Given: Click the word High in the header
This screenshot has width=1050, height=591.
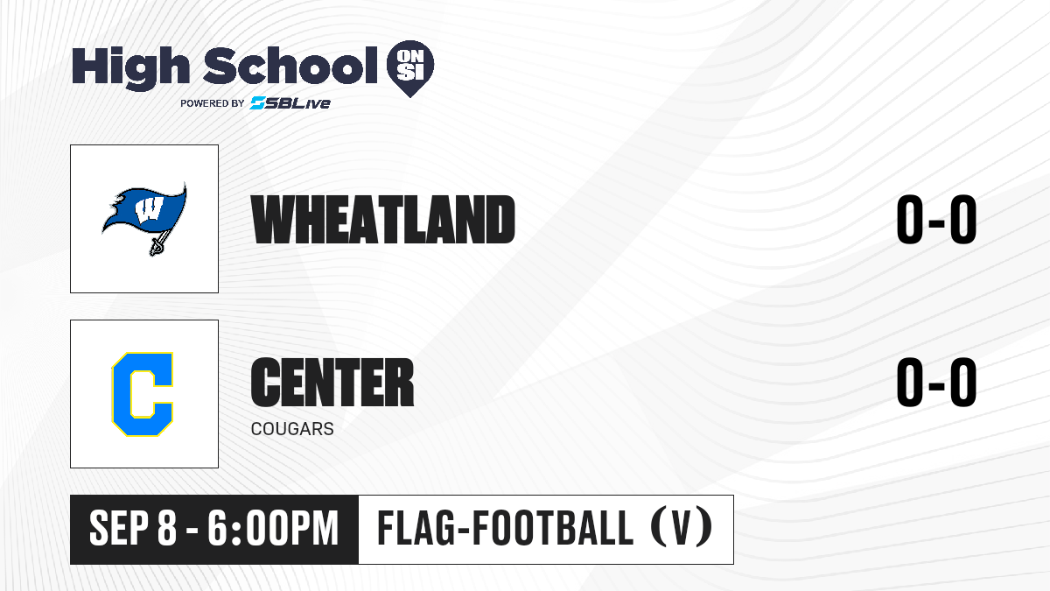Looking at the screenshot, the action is [x=130, y=68].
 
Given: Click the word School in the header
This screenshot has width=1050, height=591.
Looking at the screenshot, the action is [x=290, y=66].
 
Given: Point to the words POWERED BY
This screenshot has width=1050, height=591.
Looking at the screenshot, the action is [x=213, y=103].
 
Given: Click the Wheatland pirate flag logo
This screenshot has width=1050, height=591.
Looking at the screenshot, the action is [x=144, y=219].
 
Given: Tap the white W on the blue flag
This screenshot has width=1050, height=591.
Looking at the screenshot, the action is [x=149, y=210].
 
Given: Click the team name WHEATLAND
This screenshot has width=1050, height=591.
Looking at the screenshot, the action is [x=383, y=220].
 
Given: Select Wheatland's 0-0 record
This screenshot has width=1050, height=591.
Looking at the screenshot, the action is [x=936, y=220].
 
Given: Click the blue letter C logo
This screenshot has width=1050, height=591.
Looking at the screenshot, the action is [x=143, y=394].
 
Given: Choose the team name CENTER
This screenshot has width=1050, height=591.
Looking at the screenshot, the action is [x=332, y=382].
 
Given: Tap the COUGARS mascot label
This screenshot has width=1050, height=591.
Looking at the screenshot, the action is [x=292, y=429].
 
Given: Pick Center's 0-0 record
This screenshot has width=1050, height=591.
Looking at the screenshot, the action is [x=936, y=382].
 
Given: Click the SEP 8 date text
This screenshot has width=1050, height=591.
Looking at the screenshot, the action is [x=133, y=529].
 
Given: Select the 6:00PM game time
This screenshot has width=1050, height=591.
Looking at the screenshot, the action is [x=273, y=529].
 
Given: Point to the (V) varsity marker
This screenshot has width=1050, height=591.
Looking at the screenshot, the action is [x=682, y=528].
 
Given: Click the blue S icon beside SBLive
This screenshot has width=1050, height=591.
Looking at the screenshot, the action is [x=257, y=103].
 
